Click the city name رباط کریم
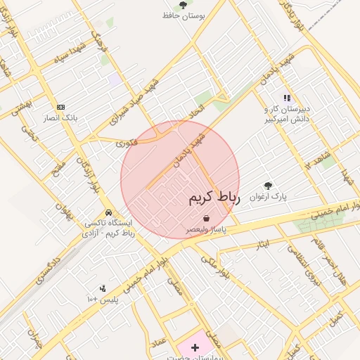(x=214, y=199)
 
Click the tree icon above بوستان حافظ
(x=183, y=5)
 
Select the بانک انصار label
(x=60, y=117)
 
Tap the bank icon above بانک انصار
(x=60, y=107)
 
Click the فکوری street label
(x=127, y=143)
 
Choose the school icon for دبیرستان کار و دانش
(x=286, y=98)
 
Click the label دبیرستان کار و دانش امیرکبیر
(x=287, y=115)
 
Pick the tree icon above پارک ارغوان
(x=268, y=186)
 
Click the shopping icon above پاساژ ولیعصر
(x=205, y=219)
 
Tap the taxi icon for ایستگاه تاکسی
(x=108, y=212)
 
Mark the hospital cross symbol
(x=195, y=347)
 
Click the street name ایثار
(x=262, y=244)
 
